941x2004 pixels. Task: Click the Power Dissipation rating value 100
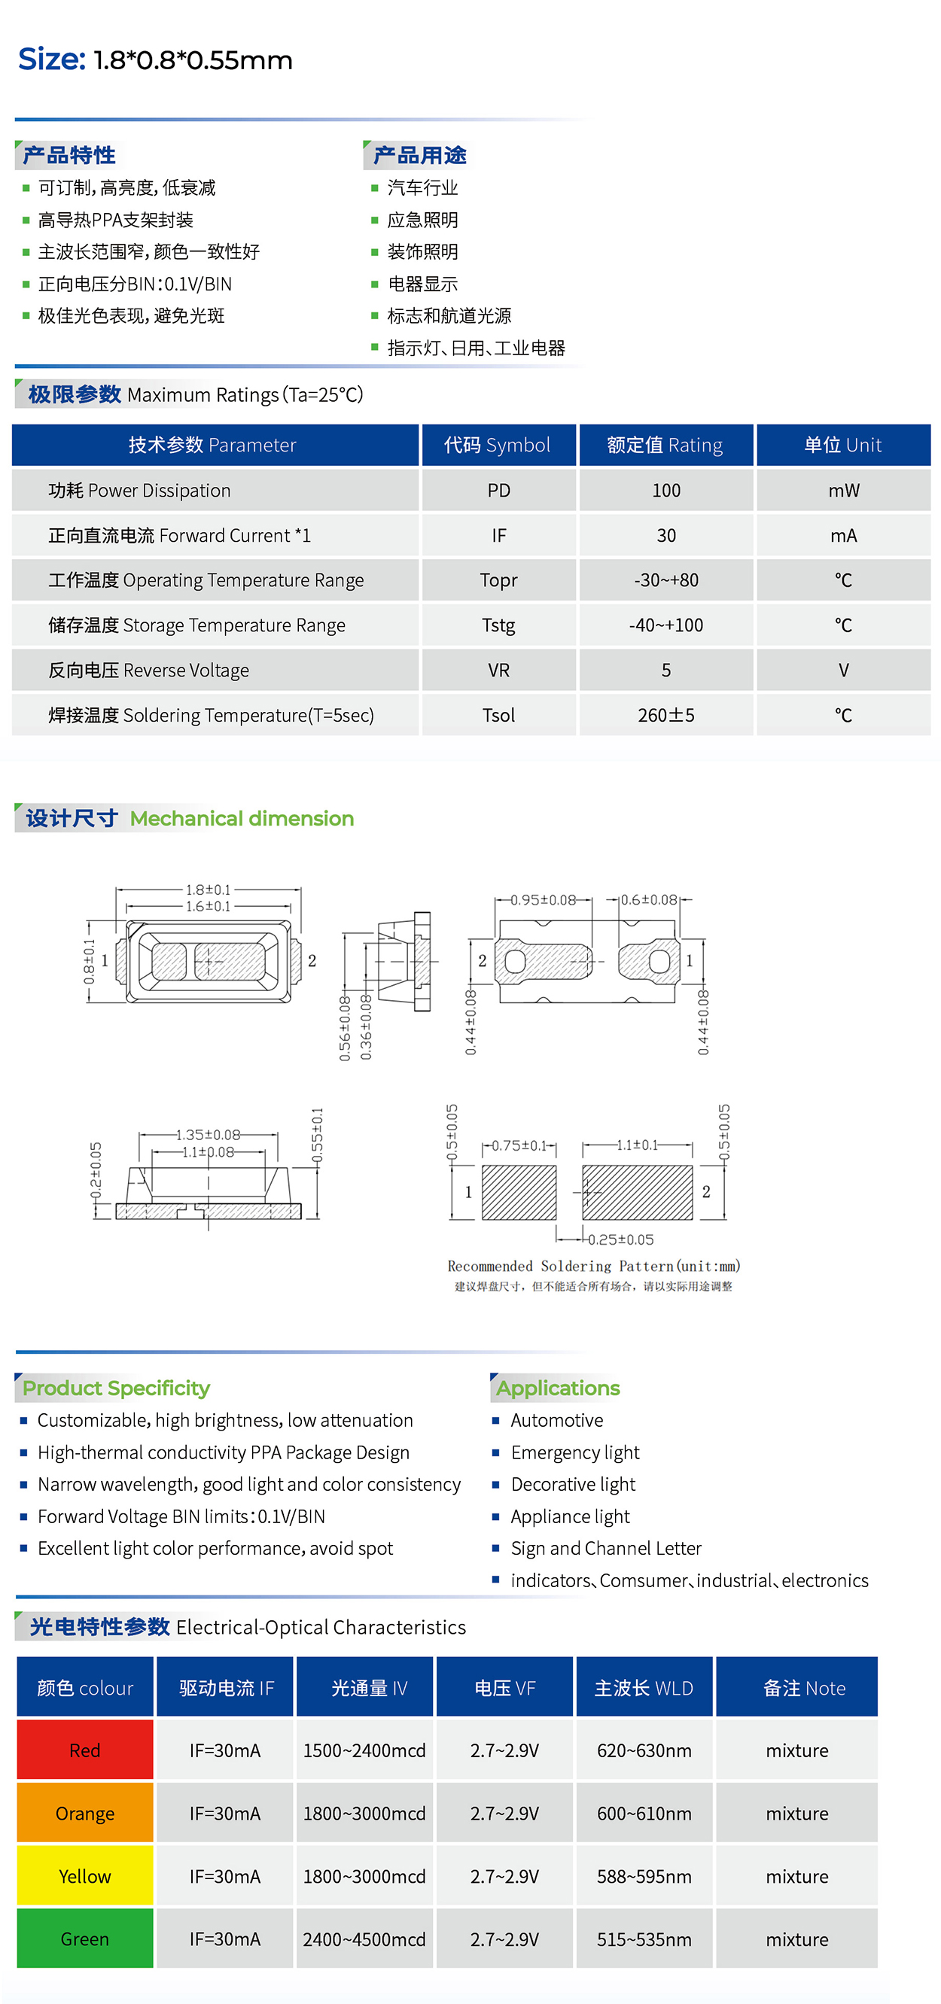(665, 490)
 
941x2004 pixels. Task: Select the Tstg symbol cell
(498, 625)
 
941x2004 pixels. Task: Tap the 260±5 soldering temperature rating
(665, 715)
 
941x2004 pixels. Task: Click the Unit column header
(843, 445)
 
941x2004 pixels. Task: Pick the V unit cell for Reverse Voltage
(843, 670)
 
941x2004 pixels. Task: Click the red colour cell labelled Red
(85, 1750)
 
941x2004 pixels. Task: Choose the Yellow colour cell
(85, 1875)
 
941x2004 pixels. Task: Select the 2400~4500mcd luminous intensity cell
(364, 1939)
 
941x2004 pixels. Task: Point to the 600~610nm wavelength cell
(644, 1813)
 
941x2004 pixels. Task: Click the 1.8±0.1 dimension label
(208, 889)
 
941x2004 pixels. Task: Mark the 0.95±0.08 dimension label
(544, 900)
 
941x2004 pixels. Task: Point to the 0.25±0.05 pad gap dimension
(620, 1239)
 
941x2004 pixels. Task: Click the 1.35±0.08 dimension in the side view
(208, 1135)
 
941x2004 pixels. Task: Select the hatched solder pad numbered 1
(519, 1192)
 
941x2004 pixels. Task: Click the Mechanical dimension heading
(242, 819)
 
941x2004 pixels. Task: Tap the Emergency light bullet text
(574, 1452)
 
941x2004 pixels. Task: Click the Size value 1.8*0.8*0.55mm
(192, 60)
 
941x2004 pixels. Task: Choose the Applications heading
(558, 1388)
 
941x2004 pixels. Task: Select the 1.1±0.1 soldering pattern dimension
(638, 1145)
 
